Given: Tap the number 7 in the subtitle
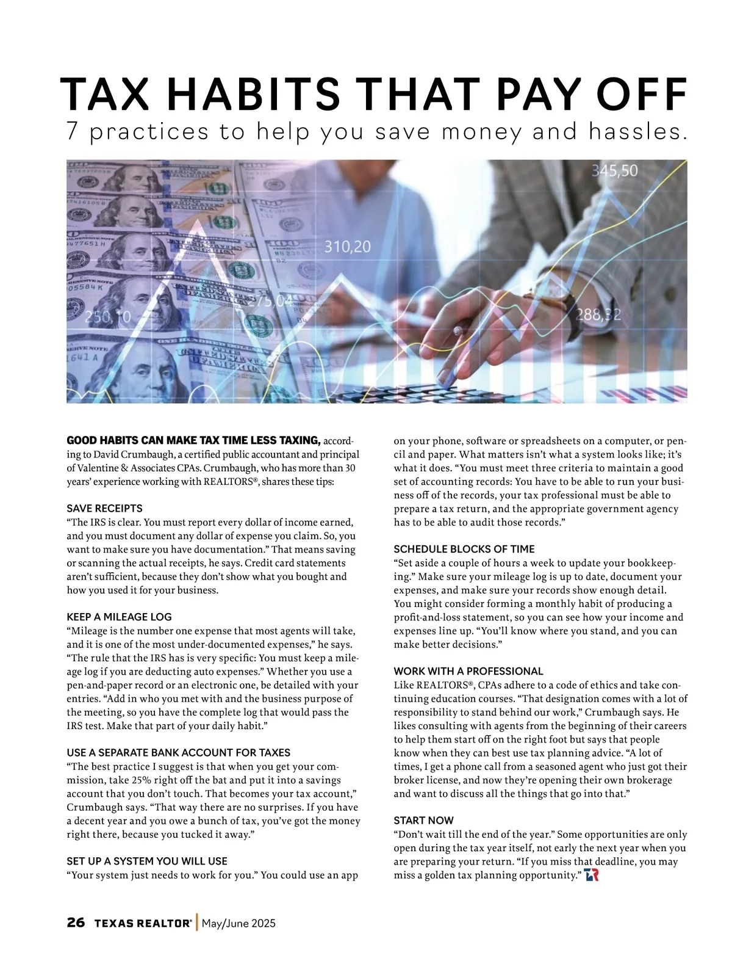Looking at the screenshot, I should pos(73,133).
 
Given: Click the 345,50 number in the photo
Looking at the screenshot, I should pos(615,171).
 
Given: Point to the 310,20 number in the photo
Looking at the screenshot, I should pos(346,247).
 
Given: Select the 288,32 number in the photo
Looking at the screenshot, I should pos(599,315).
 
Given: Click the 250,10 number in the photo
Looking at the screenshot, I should pos(107,317).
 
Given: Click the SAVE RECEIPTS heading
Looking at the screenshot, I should pos(104,508).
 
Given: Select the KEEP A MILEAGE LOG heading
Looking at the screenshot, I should pos(119,617).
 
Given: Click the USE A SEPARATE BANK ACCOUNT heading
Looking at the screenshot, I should pos(178,752).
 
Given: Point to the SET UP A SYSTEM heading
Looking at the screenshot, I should pos(146,861).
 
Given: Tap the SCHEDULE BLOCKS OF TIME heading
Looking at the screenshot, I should pos(464,549).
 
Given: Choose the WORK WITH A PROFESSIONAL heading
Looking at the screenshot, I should pos(468,671).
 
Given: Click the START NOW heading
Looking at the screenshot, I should pos(423,820).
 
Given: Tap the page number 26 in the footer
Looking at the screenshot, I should pos(76,923).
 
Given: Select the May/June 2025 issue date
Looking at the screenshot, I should pos(239,923).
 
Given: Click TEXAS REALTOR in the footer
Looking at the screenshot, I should pos(143,923).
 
